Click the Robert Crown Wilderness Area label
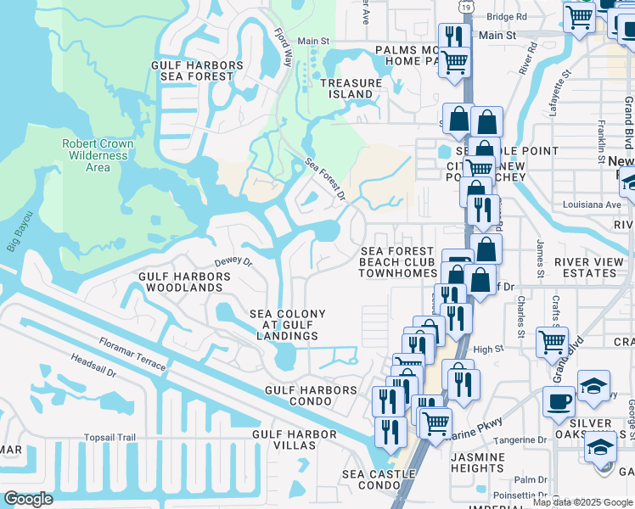(98, 155)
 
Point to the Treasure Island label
(351, 88)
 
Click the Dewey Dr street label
(233, 263)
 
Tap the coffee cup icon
(559, 400)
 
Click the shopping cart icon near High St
(553, 342)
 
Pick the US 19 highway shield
(465, 6)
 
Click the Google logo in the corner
(28, 499)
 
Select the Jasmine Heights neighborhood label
(478, 462)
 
